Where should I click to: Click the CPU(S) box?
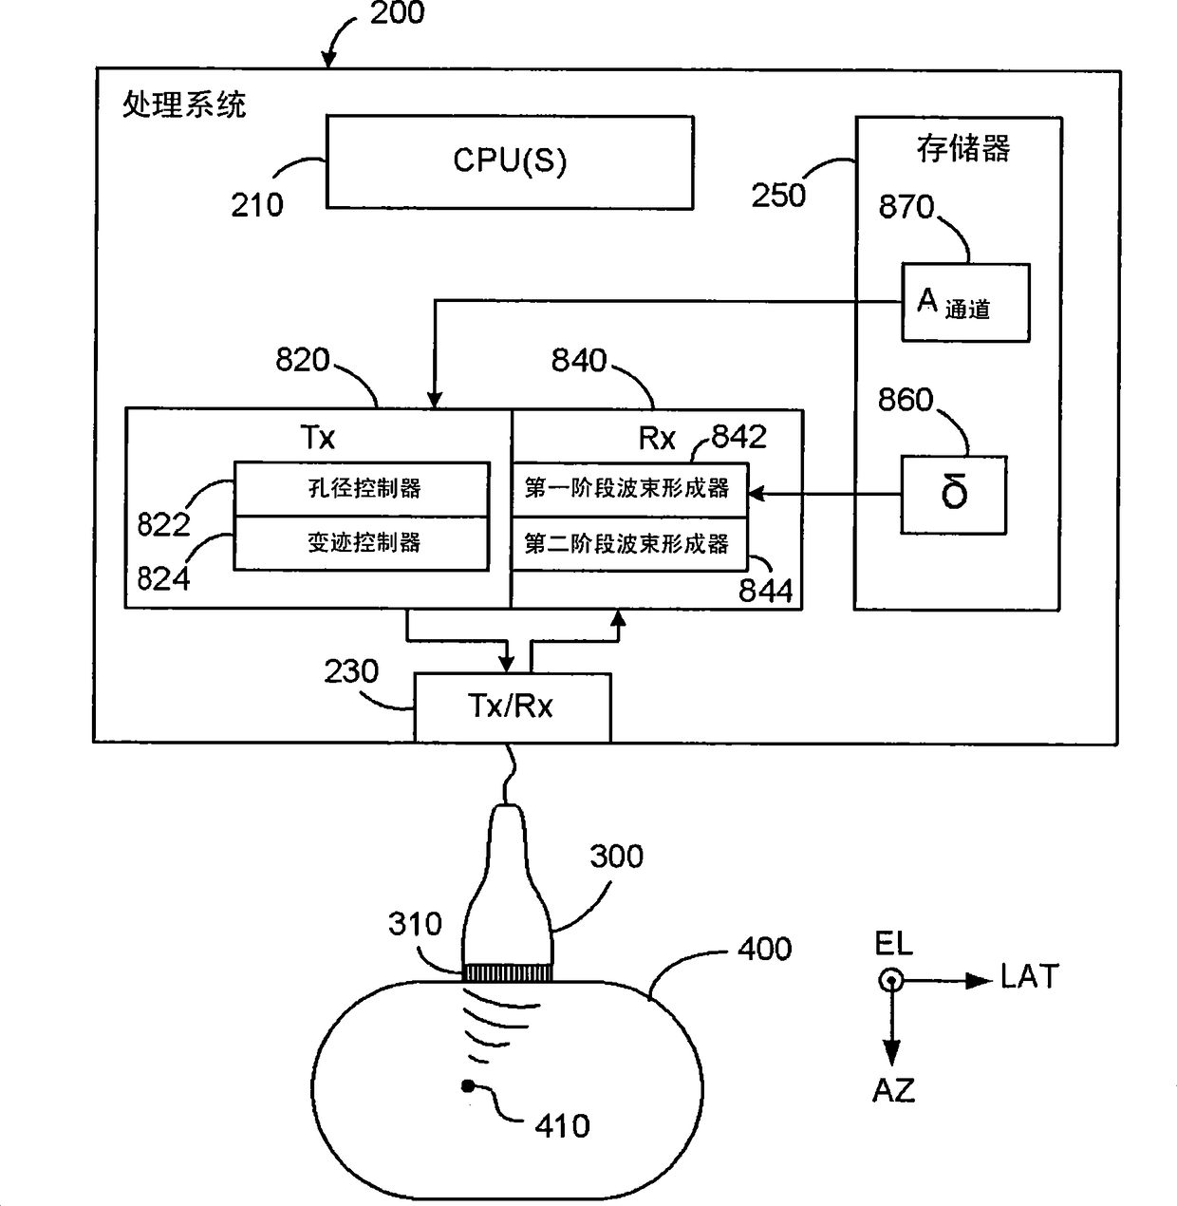(x=509, y=161)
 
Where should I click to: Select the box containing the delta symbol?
(x=953, y=495)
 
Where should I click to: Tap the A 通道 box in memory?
(x=965, y=302)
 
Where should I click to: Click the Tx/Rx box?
(x=513, y=707)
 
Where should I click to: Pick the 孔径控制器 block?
(x=362, y=488)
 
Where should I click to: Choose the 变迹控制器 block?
(x=362, y=543)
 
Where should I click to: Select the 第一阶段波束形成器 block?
(x=629, y=490)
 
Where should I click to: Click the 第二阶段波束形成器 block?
(x=629, y=543)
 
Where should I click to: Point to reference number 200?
(x=397, y=12)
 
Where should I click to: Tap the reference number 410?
(x=562, y=1125)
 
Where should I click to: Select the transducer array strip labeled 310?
(x=508, y=973)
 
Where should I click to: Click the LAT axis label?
(x=1030, y=977)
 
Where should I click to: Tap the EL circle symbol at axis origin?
(x=890, y=980)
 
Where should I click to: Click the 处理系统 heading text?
(x=184, y=104)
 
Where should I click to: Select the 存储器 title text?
(x=963, y=149)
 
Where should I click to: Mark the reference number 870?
(x=906, y=207)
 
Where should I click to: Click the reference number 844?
(x=765, y=591)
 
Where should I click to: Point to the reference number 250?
(x=778, y=196)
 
